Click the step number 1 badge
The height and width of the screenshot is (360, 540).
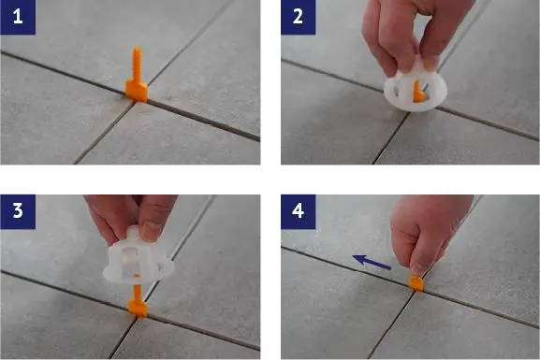18,17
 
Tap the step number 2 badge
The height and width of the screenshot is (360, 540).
299,17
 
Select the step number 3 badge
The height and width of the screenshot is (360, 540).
18,211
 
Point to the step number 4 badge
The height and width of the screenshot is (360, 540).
299,211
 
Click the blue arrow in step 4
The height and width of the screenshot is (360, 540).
372,262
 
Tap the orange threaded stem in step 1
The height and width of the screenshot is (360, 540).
137,64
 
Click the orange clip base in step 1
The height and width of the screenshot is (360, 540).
137,92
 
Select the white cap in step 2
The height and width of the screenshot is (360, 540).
416,88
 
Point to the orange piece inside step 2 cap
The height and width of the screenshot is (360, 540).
418,92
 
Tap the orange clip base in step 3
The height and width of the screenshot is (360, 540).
139,308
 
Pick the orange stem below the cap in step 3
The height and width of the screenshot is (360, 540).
138,292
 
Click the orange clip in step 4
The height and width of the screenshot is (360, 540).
416,284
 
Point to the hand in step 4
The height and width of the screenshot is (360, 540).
429,234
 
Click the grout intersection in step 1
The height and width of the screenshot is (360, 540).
136,102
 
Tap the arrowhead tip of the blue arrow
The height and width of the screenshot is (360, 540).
352,257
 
